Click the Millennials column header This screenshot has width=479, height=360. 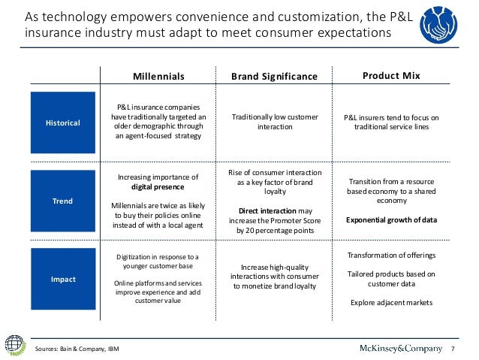click(158, 77)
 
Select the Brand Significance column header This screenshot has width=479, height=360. click(274, 77)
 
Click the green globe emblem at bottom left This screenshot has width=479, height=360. click(15, 343)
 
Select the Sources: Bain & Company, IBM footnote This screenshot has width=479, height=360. click(78, 349)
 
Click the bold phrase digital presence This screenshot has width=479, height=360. click(158, 186)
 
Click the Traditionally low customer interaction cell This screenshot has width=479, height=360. click(274, 123)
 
